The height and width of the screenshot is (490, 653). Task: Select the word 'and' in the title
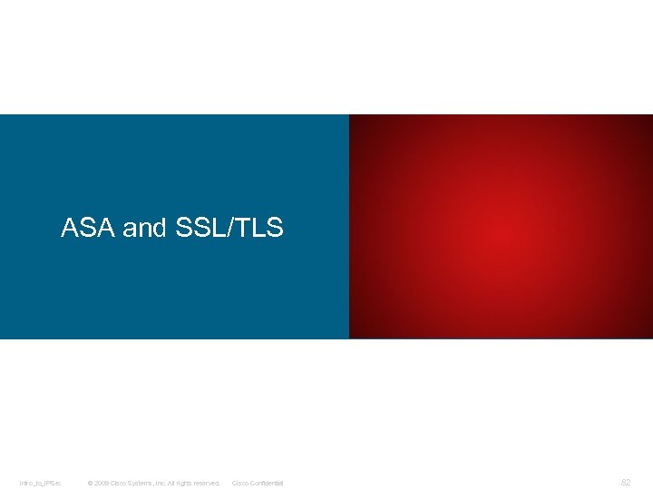(143, 229)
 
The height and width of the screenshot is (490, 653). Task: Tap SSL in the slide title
(199, 228)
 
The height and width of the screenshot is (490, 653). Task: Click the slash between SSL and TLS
(230, 228)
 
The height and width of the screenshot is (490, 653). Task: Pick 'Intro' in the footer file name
(26, 483)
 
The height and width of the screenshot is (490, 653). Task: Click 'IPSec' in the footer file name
(51, 483)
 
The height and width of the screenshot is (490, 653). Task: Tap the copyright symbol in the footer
(90, 483)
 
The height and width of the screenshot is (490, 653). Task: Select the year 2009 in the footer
(102, 483)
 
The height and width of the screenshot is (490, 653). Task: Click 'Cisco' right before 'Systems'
(120, 483)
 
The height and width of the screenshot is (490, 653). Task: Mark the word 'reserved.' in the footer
(210, 483)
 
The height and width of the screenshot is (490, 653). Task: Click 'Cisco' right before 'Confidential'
(241, 483)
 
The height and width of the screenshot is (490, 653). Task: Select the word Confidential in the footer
(268, 483)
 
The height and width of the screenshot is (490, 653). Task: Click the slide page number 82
(625, 483)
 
